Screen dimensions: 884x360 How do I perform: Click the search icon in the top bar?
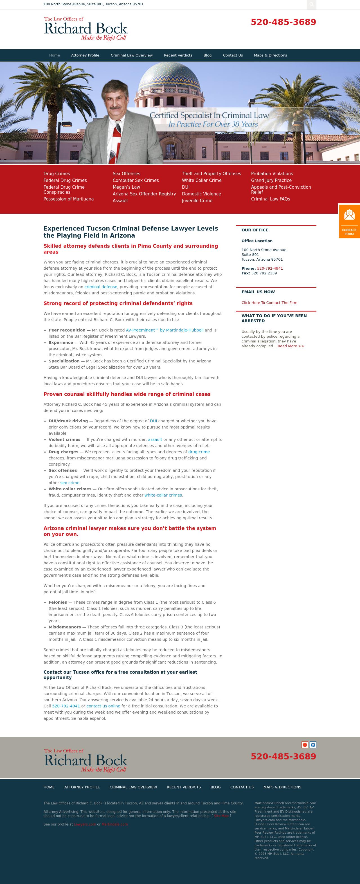(x=311, y=4)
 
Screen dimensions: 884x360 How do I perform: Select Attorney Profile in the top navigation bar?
(x=85, y=55)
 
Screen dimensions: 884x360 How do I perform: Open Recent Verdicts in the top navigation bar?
(x=178, y=55)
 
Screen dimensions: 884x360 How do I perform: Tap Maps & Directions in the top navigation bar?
(x=270, y=55)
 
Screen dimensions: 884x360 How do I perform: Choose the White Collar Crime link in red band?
(x=201, y=181)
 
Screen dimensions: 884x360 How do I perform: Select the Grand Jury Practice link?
(x=271, y=181)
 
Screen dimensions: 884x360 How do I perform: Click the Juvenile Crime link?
(x=197, y=201)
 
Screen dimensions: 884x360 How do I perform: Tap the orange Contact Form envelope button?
(x=349, y=221)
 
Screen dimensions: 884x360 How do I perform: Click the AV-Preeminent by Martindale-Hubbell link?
(x=164, y=330)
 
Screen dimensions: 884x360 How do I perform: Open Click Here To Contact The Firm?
(x=269, y=303)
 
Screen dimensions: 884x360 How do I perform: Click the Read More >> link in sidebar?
(x=291, y=346)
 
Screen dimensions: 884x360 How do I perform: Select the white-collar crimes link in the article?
(x=163, y=495)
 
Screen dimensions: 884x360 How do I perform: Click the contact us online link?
(x=103, y=706)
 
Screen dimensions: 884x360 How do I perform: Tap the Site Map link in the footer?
(x=221, y=816)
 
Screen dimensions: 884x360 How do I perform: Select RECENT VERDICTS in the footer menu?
(x=184, y=787)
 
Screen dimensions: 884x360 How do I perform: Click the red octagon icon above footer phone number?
(x=305, y=745)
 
